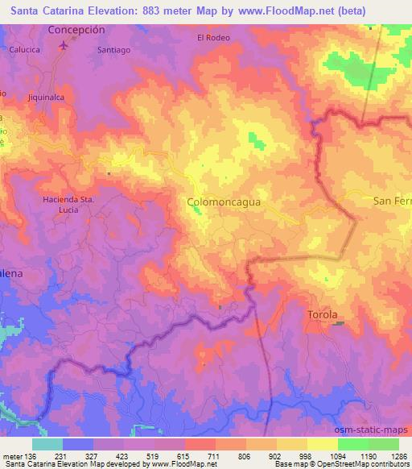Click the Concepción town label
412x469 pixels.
[76, 28]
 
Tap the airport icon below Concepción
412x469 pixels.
[64, 44]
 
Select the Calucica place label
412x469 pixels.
[25, 49]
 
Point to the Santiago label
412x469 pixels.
[113, 50]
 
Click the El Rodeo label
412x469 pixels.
[213, 38]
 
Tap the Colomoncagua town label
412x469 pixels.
[224, 204]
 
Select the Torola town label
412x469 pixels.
[323, 314]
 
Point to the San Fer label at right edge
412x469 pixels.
[393, 200]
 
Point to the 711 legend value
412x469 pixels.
[214, 456]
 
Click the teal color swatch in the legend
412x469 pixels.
[47, 444]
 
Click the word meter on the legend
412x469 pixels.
[11, 456]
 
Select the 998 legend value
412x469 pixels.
[305, 456]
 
